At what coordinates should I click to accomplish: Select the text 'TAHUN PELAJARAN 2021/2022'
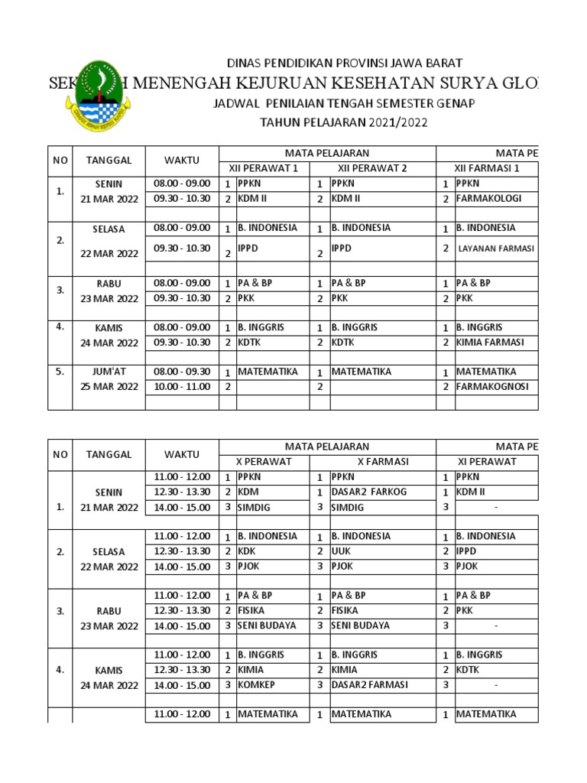343,122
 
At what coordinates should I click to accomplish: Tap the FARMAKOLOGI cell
488,199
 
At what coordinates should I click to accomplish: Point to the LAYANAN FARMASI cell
496,249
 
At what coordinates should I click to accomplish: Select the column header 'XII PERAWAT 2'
374,167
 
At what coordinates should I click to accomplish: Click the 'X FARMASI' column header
374,461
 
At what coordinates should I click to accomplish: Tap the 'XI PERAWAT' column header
486,461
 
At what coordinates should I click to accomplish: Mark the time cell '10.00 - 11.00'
182,387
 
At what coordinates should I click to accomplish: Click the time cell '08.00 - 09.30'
182,372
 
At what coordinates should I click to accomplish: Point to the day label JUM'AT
109,372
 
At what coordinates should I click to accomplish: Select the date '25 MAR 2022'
109,387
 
